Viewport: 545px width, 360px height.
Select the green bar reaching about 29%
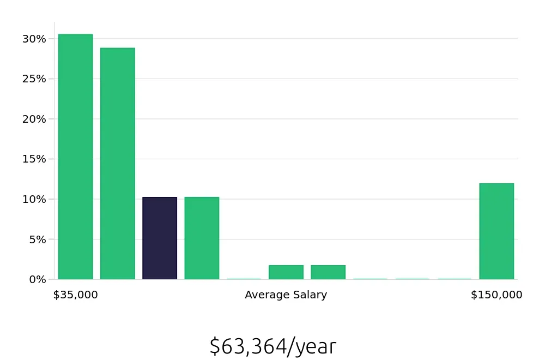click(117, 164)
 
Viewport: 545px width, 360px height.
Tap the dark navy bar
click(160, 238)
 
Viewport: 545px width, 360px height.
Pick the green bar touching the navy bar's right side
click(202, 238)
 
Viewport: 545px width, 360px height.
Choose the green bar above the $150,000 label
click(496, 231)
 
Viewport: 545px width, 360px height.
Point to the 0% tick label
click(34, 279)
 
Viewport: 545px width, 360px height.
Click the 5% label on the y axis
click(34, 239)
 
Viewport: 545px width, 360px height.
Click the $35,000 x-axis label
click(75, 295)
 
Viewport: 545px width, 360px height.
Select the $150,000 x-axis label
click(496, 295)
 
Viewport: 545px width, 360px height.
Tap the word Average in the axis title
click(264, 295)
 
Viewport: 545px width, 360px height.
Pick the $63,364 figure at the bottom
click(248, 346)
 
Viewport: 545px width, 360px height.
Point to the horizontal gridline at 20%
click(327, 119)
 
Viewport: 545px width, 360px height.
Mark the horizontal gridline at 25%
click(327, 79)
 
